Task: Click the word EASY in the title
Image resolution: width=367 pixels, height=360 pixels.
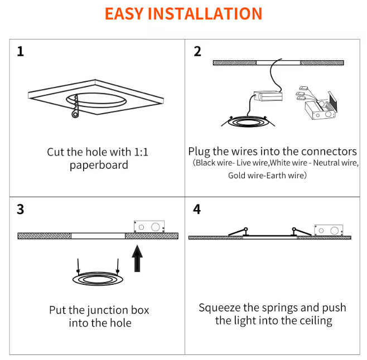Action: pyautogui.click(x=124, y=14)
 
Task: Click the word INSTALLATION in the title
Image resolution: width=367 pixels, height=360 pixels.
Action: pyautogui.click(x=205, y=14)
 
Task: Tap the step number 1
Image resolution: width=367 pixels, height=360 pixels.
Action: pyautogui.click(x=21, y=51)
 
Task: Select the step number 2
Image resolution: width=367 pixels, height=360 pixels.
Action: pyautogui.click(x=197, y=51)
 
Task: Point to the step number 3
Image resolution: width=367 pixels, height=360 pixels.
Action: pyautogui.click(x=21, y=209)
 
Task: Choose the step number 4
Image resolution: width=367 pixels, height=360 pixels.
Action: pyautogui.click(x=197, y=209)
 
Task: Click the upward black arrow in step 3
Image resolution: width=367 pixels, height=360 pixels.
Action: pyautogui.click(x=137, y=259)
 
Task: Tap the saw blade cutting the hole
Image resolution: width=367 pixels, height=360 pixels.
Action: pyautogui.click(x=75, y=106)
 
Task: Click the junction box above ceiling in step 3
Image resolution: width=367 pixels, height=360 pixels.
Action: pyautogui.click(x=149, y=226)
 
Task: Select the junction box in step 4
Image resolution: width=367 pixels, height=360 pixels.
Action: pyautogui.click(x=329, y=230)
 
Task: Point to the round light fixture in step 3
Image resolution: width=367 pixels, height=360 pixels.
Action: pyautogui.click(x=98, y=279)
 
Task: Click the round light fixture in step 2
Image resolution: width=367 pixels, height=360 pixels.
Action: pyautogui.click(x=248, y=121)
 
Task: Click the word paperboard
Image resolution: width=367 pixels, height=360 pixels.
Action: pyautogui.click(x=99, y=165)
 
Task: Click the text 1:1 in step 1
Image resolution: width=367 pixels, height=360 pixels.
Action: pyautogui.click(x=141, y=152)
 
